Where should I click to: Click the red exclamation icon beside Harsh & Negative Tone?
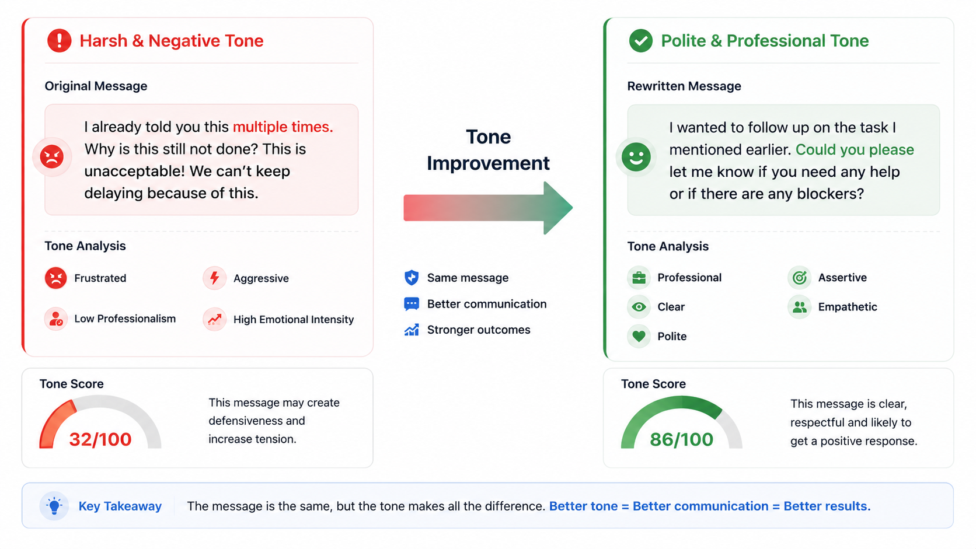(60, 40)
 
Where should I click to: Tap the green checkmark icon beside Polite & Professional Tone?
(640, 40)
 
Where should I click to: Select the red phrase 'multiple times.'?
(283, 127)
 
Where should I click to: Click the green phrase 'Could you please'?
(855, 150)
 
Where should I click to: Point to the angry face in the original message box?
(52, 157)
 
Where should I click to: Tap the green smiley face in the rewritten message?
(636, 157)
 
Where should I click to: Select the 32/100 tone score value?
(100, 439)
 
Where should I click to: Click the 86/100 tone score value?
(681, 440)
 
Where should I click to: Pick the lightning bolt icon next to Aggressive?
(214, 278)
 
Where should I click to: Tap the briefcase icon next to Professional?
(639, 277)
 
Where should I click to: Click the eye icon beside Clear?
(639, 307)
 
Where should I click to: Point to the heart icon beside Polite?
(639, 336)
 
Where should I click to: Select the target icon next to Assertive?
(800, 277)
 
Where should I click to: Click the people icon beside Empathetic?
(800, 307)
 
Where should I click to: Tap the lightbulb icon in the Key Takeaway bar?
(54, 506)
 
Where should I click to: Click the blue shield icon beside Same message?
(412, 277)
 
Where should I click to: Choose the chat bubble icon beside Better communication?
(412, 303)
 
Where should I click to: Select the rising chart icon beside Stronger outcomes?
(412, 330)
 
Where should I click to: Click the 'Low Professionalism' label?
(125, 319)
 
